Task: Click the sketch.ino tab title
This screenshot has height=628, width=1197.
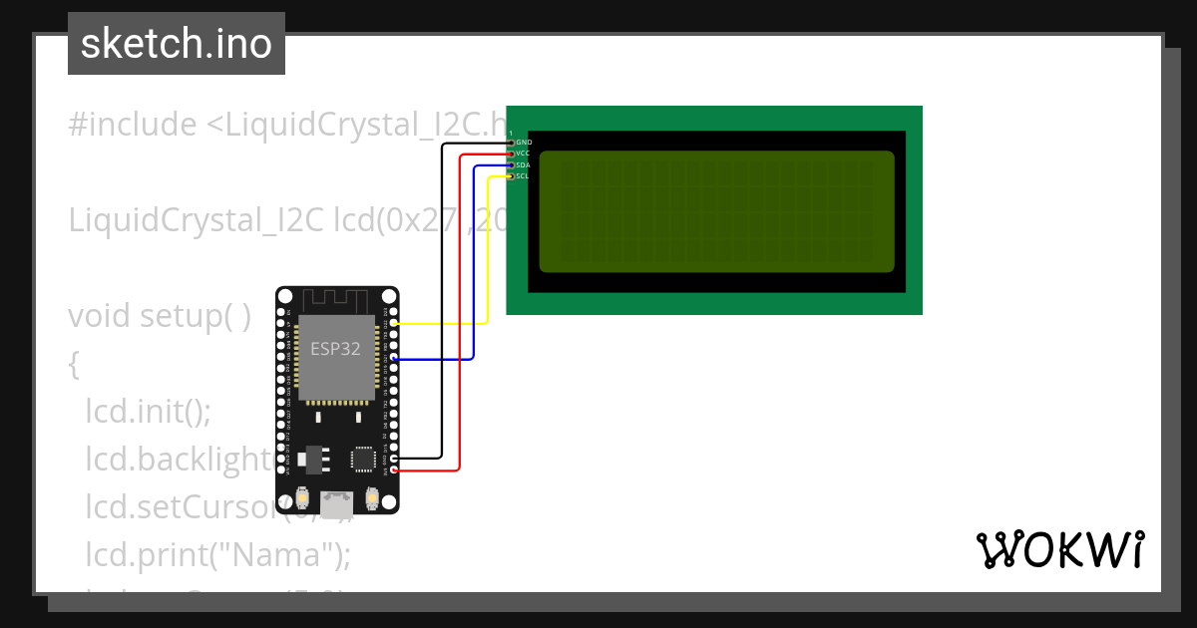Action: click(177, 44)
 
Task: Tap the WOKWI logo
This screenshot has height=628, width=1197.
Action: click(1059, 550)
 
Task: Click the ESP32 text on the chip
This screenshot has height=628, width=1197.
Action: click(335, 349)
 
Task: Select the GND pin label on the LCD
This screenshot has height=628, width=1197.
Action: click(524, 143)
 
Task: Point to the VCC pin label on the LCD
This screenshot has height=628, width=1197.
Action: click(524, 154)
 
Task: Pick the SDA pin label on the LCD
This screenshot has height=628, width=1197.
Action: click(524, 165)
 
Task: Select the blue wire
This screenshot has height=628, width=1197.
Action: click(474, 279)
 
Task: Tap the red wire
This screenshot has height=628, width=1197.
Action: click(460, 319)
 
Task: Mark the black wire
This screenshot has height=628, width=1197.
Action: click(442, 299)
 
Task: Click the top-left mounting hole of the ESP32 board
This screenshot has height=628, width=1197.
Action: click(287, 298)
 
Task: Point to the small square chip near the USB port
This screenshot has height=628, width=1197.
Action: click(361, 458)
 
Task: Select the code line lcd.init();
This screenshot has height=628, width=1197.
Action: click(149, 411)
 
